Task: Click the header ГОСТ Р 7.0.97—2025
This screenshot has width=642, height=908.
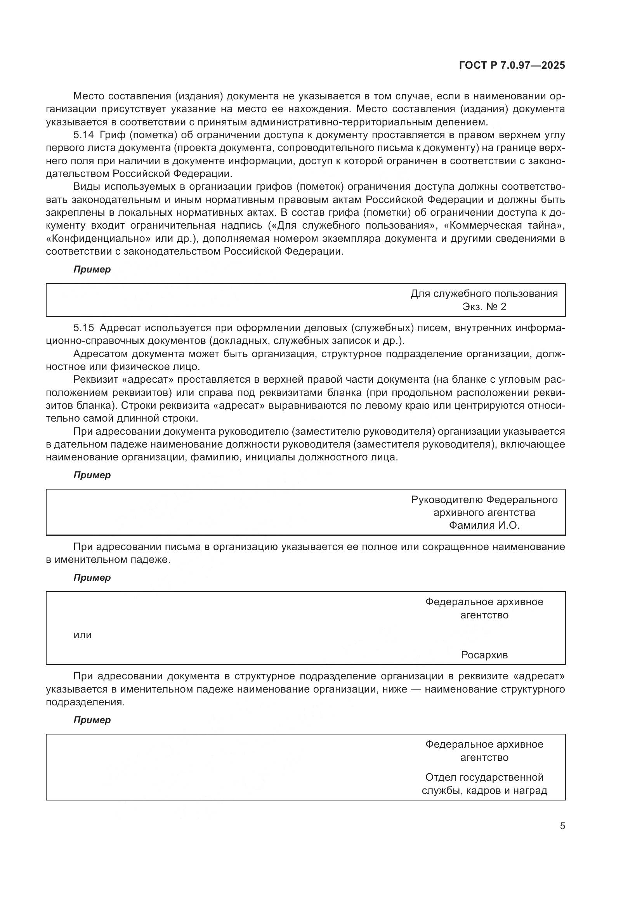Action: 512,66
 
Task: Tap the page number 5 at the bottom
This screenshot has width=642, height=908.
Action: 562,826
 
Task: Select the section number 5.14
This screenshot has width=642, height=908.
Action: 83,135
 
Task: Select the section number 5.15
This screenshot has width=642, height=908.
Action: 83,328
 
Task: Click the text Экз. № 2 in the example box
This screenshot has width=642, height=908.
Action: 484,307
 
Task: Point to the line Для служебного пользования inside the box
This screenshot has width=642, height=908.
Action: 484,293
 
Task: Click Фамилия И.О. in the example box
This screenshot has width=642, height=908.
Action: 484,525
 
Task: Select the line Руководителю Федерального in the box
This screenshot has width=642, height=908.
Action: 484,500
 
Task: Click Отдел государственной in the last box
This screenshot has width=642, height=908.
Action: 484,777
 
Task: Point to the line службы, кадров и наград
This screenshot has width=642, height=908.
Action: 484,790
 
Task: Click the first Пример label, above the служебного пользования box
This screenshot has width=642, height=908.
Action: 92,270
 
